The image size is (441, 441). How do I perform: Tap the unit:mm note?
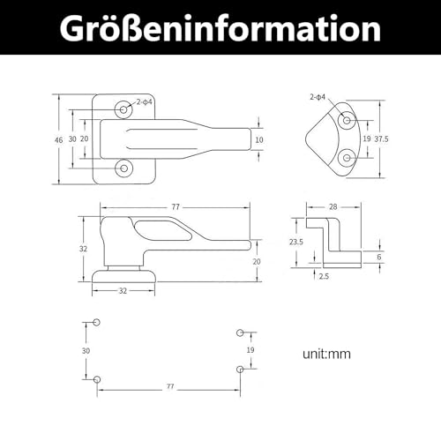[325, 355]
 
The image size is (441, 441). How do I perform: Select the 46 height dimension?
[57, 139]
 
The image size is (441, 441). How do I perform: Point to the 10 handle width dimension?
[258, 139]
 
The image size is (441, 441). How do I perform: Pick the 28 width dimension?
[331, 206]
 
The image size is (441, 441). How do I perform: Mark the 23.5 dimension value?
[297, 240]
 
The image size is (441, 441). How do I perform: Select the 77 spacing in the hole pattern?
[168, 386]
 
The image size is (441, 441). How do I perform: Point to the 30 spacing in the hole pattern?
[85, 350]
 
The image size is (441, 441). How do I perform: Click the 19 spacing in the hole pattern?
[251, 350]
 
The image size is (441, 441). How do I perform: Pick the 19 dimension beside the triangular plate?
[366, 138]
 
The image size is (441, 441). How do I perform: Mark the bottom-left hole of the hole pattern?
[97, 379]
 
